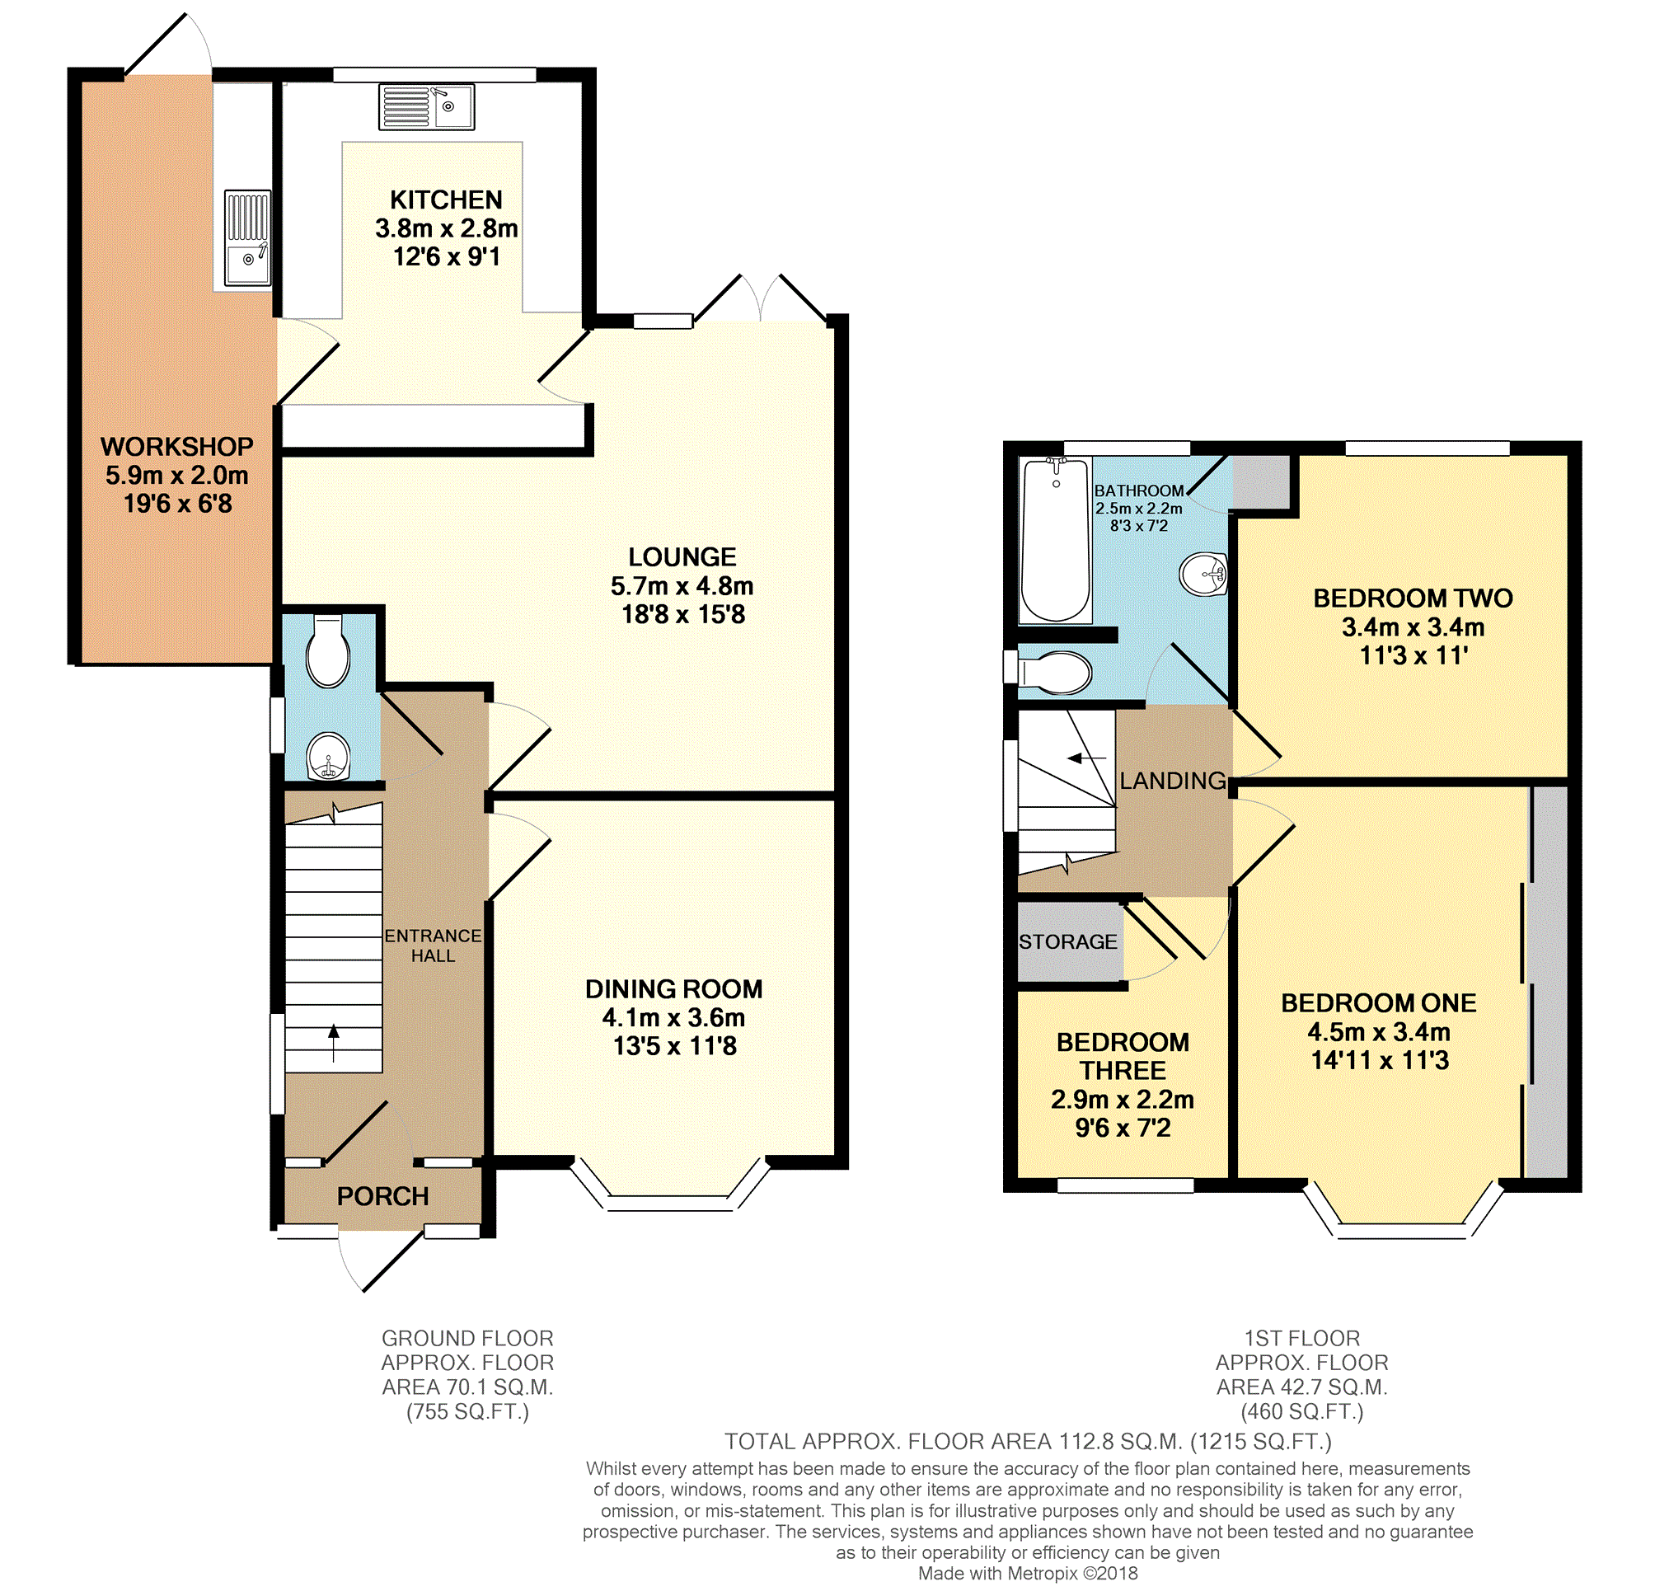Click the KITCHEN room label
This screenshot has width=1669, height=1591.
(446, 200)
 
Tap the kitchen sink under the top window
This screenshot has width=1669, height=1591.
(426, 107)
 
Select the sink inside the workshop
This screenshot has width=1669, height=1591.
(247, 238)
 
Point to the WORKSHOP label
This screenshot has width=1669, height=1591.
(177, 447)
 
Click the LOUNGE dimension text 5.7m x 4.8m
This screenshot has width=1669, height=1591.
(682, 586)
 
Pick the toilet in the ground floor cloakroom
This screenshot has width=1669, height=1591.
(328, 650)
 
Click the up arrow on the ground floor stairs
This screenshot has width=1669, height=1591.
(333, 1042)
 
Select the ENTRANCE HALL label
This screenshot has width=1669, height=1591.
(433, 946)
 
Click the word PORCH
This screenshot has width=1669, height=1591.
(382, 1197)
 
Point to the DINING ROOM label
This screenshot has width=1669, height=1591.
(673, 989)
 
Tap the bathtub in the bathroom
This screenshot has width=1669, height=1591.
(1055, 540)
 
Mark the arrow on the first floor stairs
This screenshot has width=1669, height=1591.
(1086, 758)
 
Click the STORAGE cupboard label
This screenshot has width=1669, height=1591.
(1067, 941)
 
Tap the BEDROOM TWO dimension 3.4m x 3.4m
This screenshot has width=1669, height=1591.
(1413, 627)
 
